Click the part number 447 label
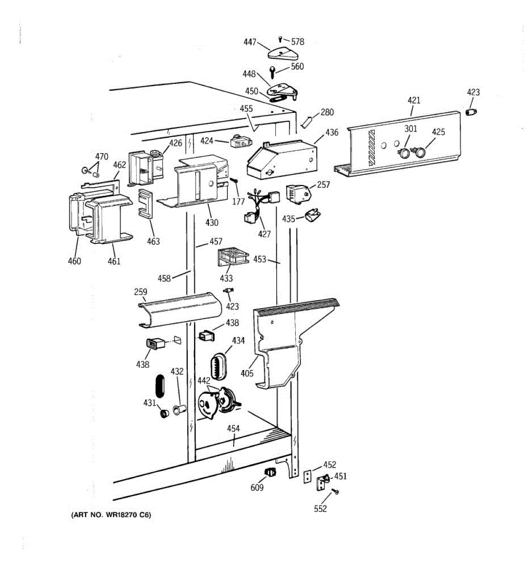pos(250,42)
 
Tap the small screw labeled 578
pos(280,39)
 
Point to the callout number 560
pos(297,67)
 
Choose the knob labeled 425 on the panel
pos(420,152)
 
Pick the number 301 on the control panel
pos(410,129)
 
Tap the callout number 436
pos(332,133)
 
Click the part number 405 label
pos(247,373)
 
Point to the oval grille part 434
pos(218,366)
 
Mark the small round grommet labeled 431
pos(164,414)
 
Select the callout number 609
pos(257,488)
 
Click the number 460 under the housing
pos(74,261)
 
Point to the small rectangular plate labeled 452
pos(308,476)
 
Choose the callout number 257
pos(323,185)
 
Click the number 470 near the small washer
pos(102,156)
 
